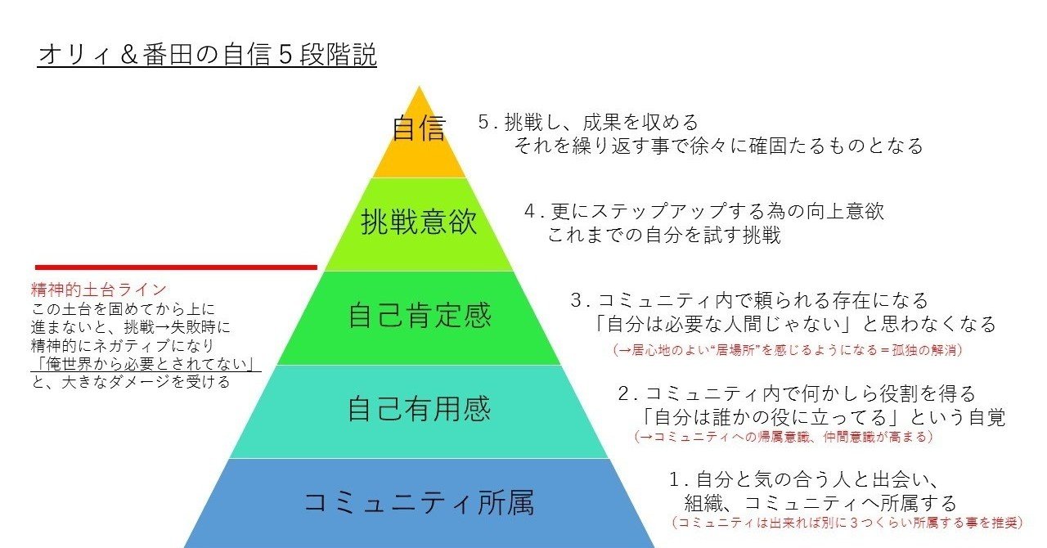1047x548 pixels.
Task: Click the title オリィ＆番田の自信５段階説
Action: (x=207, y=55)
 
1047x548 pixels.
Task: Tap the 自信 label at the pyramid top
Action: (x=419, y=128)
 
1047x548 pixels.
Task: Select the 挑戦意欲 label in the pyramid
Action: (x=419, y=222)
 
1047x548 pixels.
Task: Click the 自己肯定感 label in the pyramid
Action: (x=420, y=315)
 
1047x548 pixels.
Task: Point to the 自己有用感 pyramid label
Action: (x=420, y=408)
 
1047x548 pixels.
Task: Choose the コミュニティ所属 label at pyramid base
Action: (x=419, y=502)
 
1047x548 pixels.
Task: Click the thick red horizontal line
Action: (x=176, y=267)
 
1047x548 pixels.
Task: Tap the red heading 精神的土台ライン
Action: (x=99, y=290)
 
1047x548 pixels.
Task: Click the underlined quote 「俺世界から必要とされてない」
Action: (x=146, y=364)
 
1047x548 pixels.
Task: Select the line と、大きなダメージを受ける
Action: (x=131, y=382)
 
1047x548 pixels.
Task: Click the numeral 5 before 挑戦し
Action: (x=483, y=123)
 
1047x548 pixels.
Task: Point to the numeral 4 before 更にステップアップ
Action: (x=529, y=211)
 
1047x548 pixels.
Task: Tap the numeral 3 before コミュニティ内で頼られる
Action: (x=576, y=300)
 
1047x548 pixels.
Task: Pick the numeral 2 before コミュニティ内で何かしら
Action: (x=624, y=393)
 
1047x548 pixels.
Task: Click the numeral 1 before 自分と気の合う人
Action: (x=675, y=479)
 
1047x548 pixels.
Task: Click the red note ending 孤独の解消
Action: (x=788, y=350)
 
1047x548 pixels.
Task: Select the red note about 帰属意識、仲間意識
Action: (x=784, y=437)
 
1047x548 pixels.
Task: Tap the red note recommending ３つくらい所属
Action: (x=847, y=523)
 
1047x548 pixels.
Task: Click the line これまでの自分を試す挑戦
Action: (x=663, y=234)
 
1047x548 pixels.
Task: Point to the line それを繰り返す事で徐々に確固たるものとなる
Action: (x=719, y=146)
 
